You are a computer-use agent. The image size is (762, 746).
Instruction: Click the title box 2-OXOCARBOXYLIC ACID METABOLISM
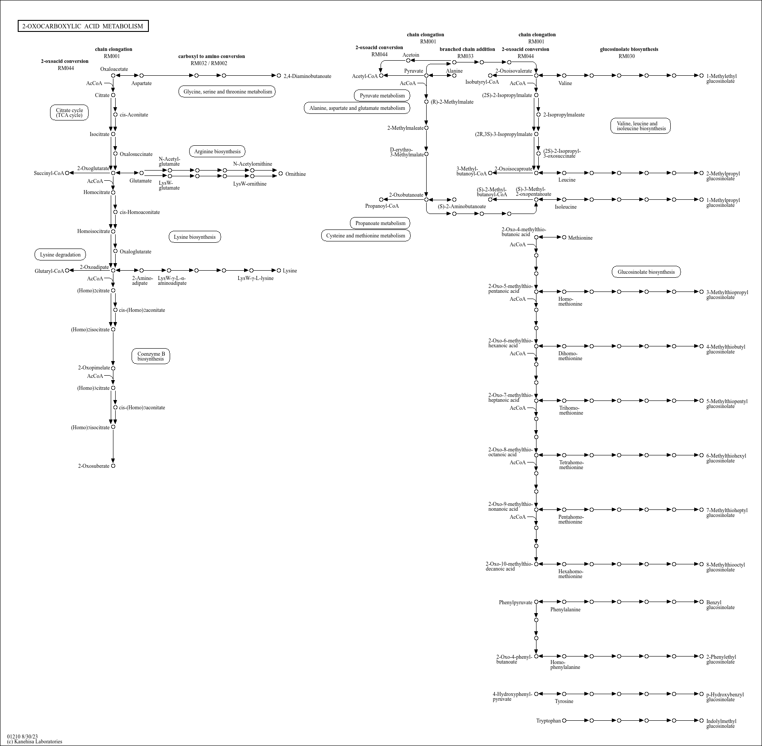pos(83,26)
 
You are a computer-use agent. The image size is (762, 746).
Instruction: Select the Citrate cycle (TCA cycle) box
pos(69,113)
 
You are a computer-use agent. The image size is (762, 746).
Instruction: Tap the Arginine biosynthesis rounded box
pos(217,152)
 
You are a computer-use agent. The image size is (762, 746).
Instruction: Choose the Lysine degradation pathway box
pos(60,255)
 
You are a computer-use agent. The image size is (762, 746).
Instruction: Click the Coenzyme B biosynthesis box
pos(151,356)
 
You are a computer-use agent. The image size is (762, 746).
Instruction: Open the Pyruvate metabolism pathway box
pos(382,96)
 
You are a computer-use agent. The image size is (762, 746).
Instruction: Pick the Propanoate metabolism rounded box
pos(380,223)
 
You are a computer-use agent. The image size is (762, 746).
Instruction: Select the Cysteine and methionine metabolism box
pos(366,236)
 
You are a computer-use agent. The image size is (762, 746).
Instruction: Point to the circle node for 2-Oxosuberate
pos(113,466)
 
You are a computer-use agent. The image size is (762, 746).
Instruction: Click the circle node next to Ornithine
pos(280,174)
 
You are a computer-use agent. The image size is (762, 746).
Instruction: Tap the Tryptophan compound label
pos(548,721)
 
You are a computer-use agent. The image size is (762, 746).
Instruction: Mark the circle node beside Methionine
pos(564,237)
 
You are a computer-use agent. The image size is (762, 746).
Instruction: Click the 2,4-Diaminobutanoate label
pos(307,76)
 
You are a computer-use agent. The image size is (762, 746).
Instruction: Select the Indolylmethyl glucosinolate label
pos(721,723)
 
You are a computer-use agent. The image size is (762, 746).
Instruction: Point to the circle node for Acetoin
pos(408,61)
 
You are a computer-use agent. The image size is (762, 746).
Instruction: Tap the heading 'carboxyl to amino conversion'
pos(212,56)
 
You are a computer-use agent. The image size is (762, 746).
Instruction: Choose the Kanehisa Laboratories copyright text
pos(35,742)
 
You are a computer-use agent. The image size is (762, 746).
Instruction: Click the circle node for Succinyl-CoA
pos(67,173)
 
